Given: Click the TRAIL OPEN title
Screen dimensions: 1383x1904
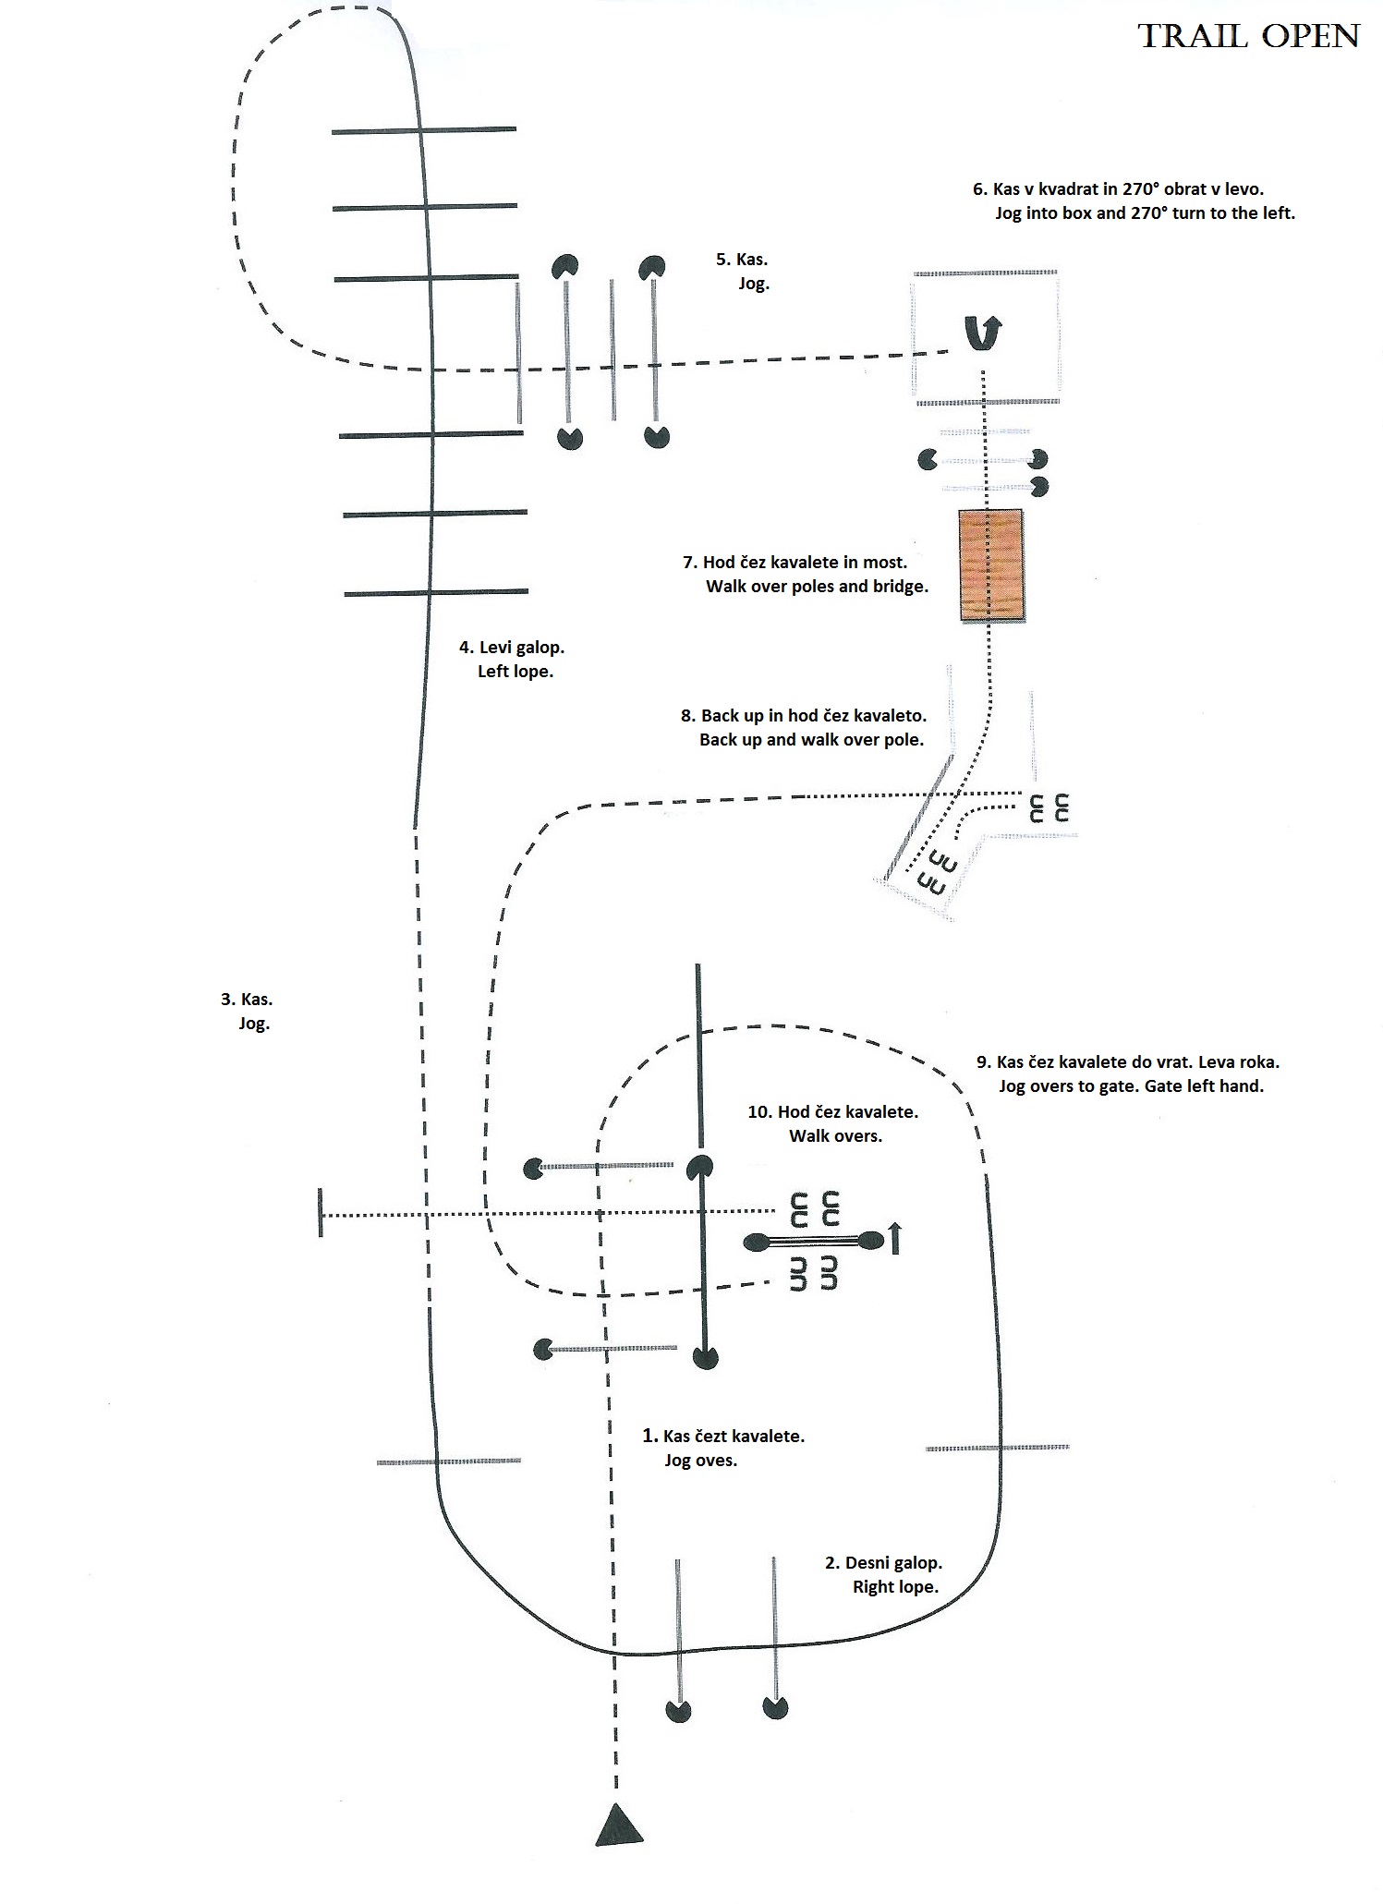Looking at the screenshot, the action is (1248, 36).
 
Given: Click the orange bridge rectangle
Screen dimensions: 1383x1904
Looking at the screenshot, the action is (990, 565).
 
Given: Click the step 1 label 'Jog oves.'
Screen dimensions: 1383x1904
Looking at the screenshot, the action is (700, 1461).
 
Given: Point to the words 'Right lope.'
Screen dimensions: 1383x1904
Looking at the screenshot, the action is (895, 1587).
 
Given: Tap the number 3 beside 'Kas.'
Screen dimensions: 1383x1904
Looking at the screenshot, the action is (226, 999).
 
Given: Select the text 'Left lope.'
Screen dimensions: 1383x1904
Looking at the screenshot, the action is (516, 672).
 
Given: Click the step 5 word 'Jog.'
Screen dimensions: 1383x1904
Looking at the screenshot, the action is (754, 284).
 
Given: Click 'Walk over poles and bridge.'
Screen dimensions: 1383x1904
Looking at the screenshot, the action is (817, 587).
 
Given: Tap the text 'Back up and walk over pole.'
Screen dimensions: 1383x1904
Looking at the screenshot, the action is (811, 740).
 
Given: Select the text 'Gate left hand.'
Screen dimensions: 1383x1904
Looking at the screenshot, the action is (1204, 1086).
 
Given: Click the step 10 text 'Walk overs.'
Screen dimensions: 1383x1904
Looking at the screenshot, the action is (835, 1136).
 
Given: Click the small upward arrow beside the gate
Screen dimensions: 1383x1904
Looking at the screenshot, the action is (893, 1238).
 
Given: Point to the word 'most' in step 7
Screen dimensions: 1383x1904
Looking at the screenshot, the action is (885, 562).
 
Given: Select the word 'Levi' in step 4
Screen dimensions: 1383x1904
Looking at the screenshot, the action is (496, 648).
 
